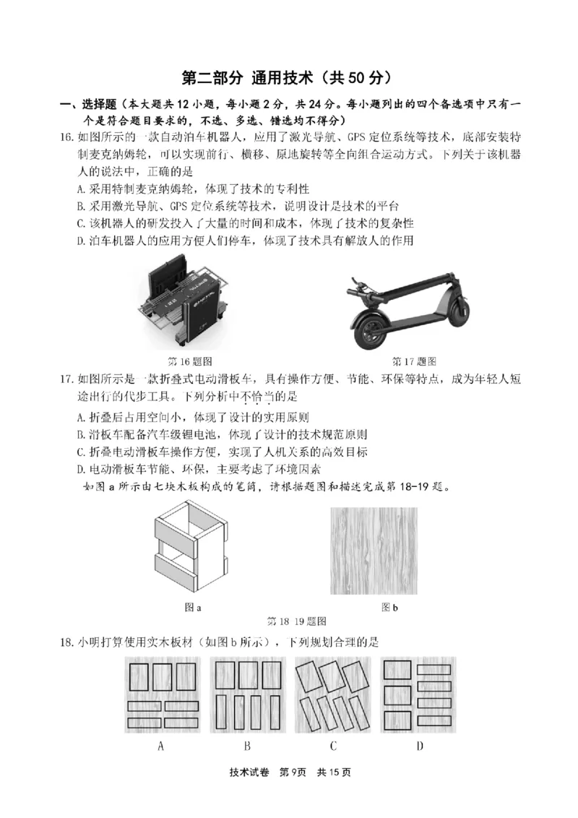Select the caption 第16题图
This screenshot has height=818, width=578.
(x=189, y=361)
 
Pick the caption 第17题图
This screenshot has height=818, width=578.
(x=414, y=361)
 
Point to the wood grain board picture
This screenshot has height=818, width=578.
(x=374, y=551)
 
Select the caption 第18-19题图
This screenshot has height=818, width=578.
(x=297, y=621)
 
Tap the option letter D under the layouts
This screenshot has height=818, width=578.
(x=419, y=746)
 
